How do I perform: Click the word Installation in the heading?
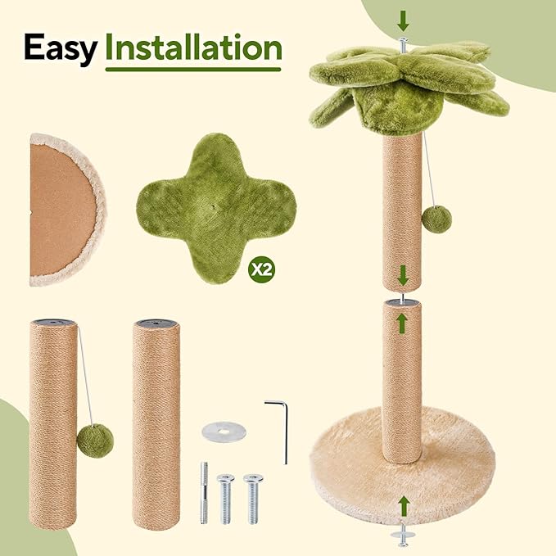coord(194,48)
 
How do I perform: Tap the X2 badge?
coord(262,269)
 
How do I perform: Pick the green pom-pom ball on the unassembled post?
coord(95,441)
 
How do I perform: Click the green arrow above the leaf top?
coord(403,19)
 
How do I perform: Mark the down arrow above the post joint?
coord(402,275)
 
